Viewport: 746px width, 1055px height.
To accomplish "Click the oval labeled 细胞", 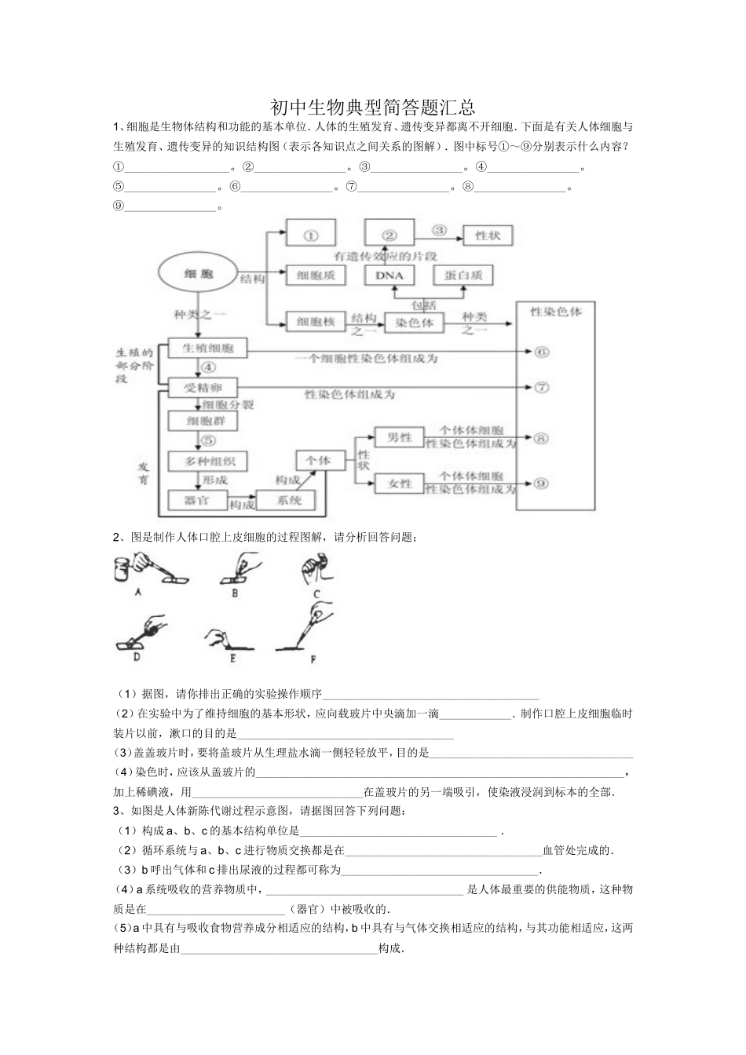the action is [199, 274].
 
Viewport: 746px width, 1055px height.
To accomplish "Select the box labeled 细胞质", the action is [316, 275].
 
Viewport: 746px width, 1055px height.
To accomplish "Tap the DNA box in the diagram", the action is [389, 275].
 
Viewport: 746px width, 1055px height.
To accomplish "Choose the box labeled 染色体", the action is [414, 322].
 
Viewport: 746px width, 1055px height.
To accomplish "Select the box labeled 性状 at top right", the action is [489, 234].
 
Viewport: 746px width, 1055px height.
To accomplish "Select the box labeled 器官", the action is [196, 499].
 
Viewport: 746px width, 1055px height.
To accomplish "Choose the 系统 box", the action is [290, 500].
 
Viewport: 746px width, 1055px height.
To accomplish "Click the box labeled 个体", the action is [319, 461].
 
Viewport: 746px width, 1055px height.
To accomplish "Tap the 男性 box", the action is [399, 438].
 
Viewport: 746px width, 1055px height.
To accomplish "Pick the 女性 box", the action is [399, 484].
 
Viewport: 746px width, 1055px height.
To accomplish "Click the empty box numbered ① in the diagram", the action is [310, 233].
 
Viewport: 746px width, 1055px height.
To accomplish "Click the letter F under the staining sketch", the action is [313, 659].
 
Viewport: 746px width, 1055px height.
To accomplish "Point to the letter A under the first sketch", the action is [138, 593].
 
